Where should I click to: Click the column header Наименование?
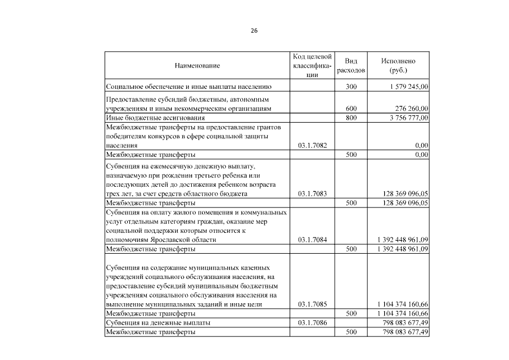[197, 66]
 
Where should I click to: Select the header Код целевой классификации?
[312, 66]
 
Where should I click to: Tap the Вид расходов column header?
[351, 66]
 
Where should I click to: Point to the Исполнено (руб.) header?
[398, 66]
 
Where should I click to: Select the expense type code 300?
[351, 87]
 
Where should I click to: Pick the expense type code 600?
[351, 109]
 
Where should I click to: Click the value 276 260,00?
[409, 109]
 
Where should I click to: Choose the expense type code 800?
[351, 118]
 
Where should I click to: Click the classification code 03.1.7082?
[312, 145]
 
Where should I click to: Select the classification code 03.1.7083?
[312, 193]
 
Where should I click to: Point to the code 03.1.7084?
[312, 240]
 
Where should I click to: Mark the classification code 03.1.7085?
[312, 304]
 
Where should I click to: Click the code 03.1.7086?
[312, 323]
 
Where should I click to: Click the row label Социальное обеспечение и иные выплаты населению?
[189, 87]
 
